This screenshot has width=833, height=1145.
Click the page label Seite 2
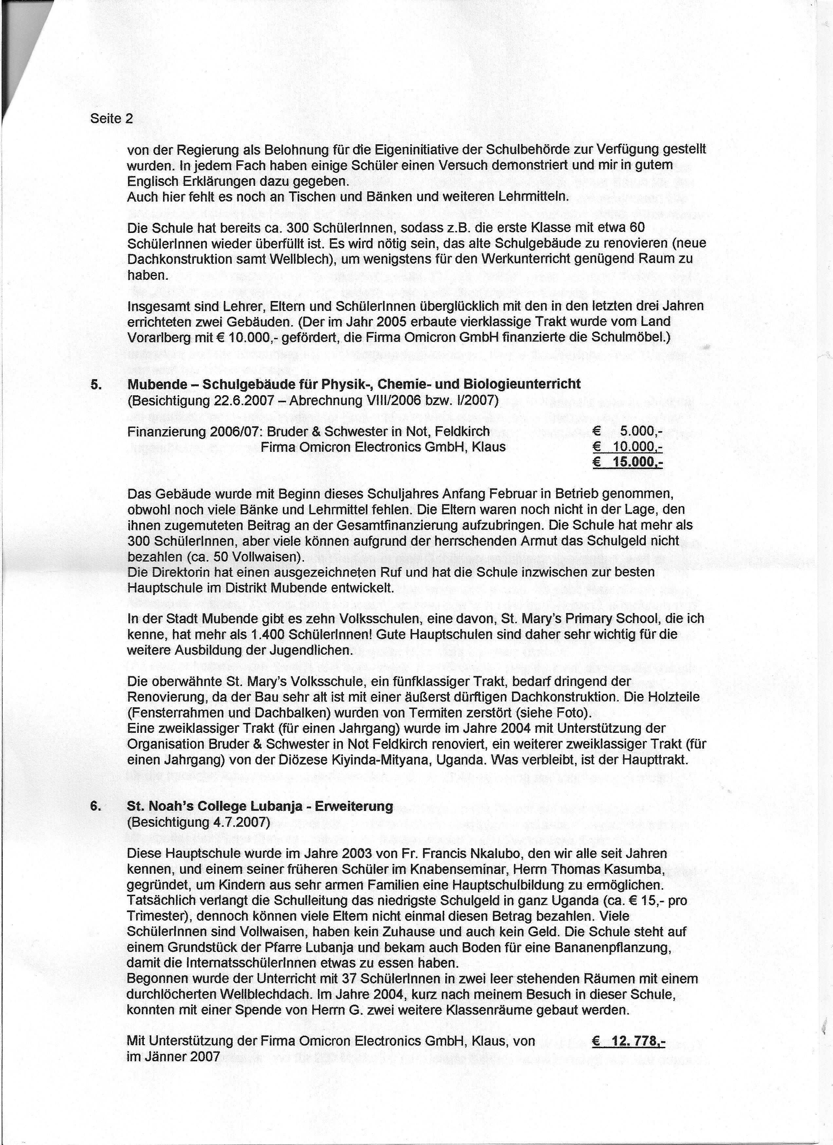point(111,119)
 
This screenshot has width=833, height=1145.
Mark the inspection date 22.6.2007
point(244,400)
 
